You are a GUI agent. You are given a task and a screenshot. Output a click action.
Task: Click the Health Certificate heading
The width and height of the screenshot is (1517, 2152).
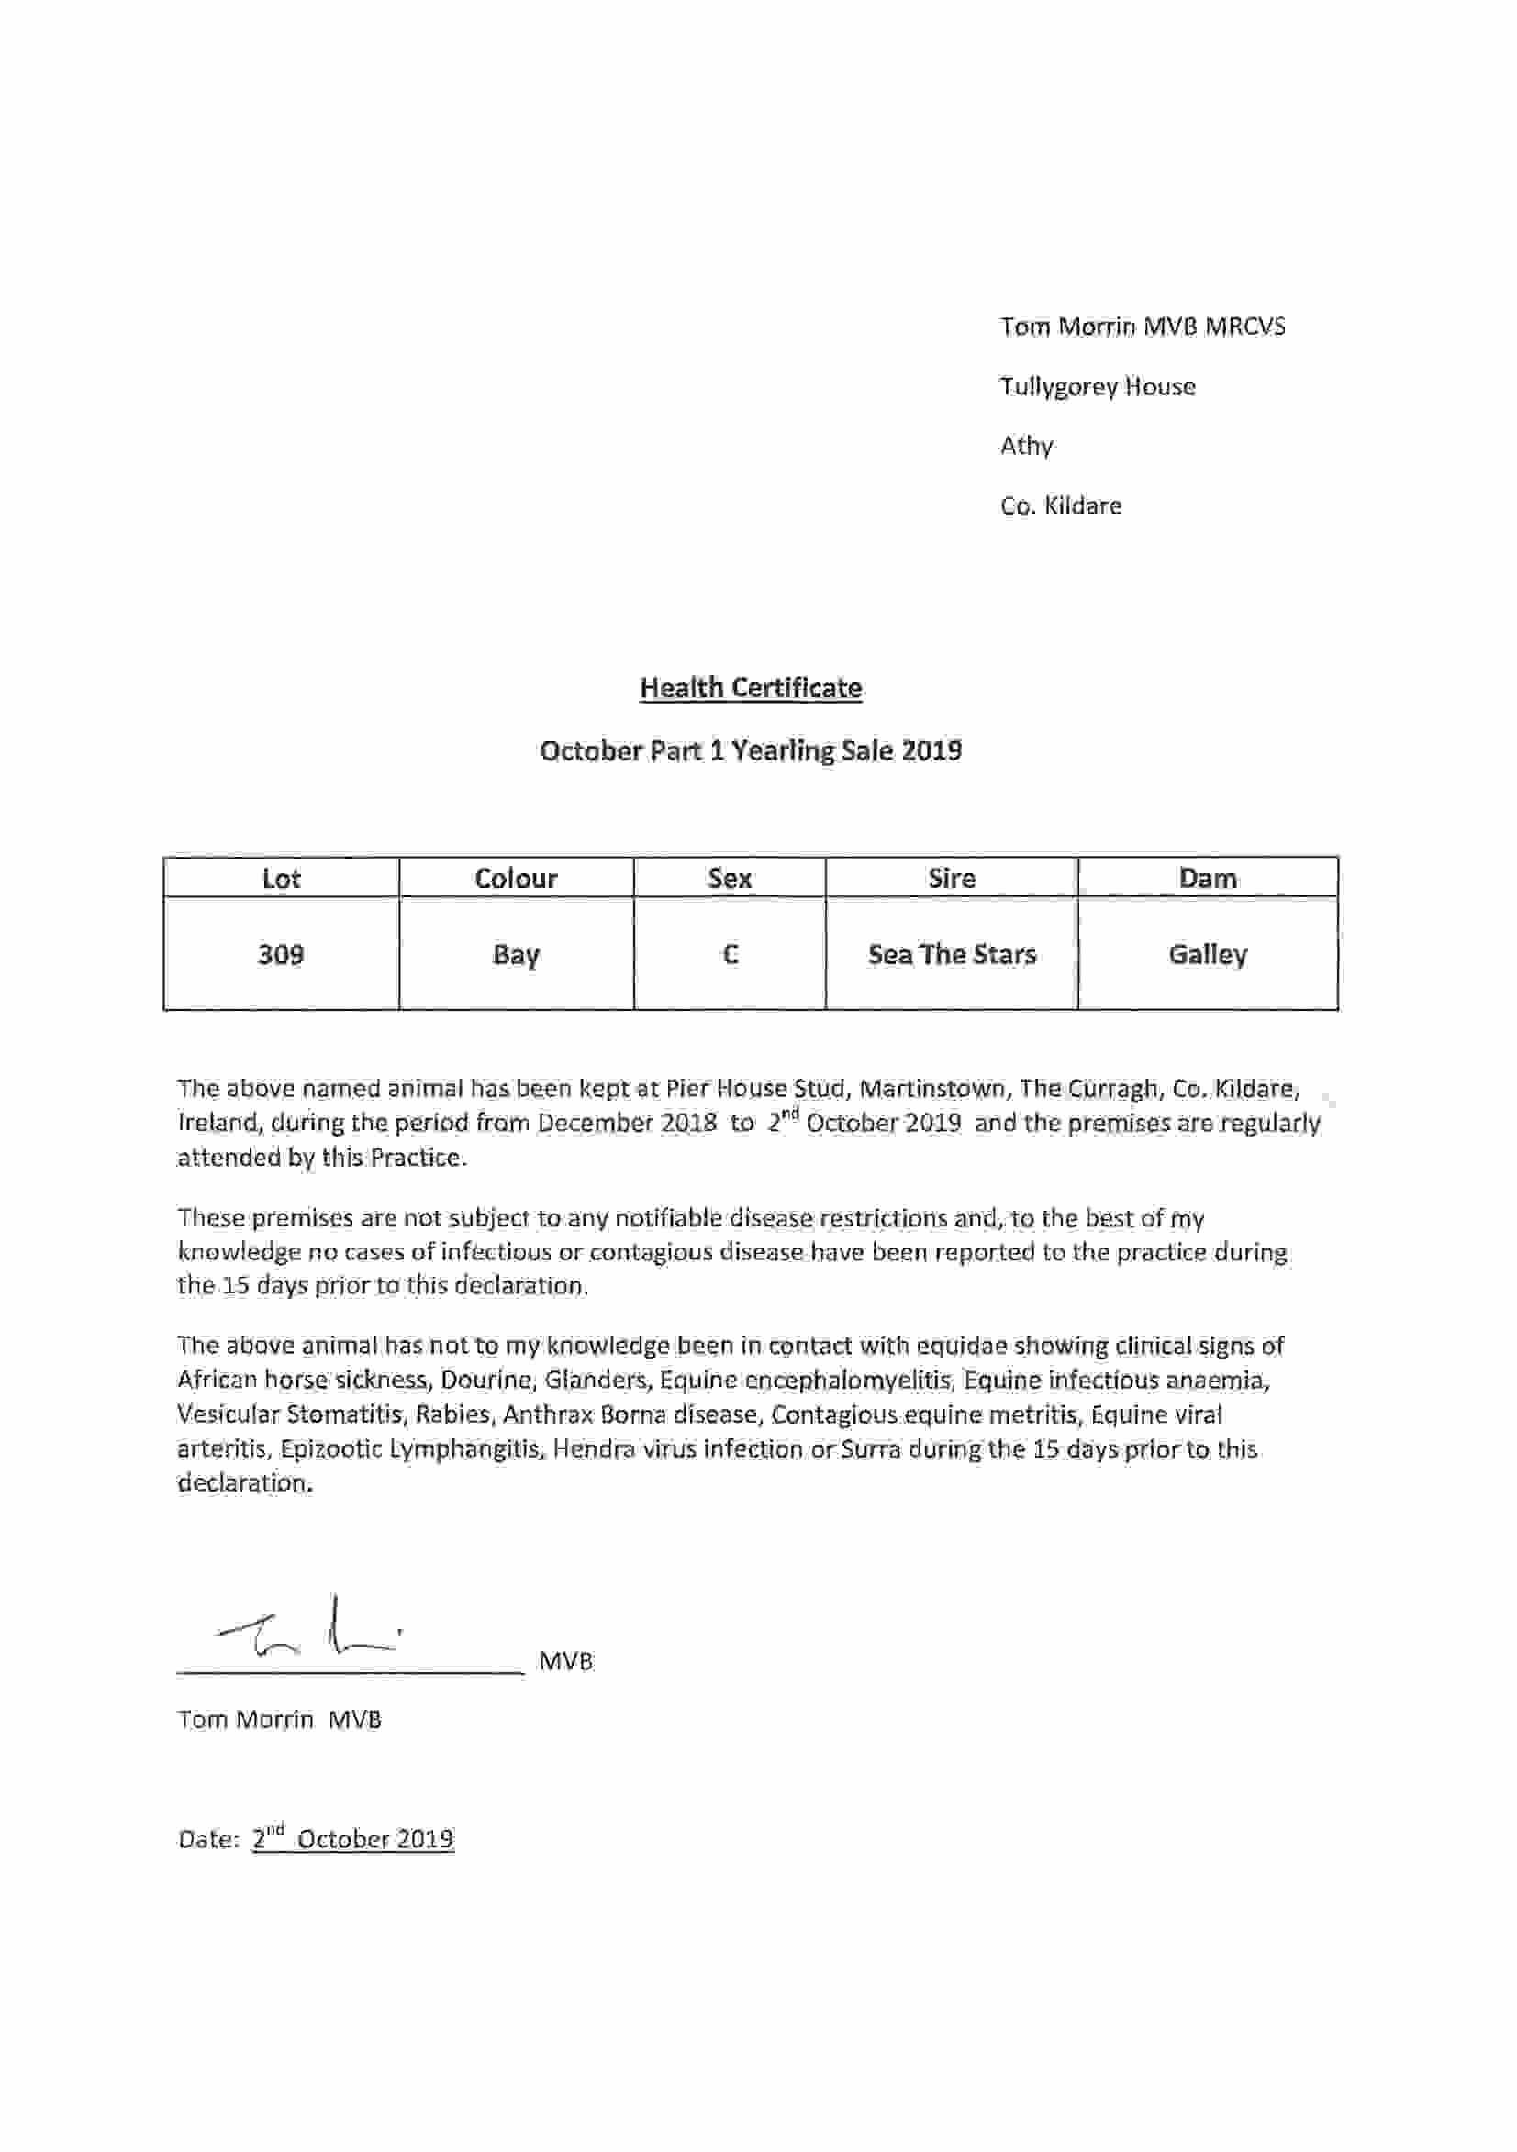tap(750, 688)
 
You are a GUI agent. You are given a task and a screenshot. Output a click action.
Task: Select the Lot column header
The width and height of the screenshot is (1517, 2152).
tap(280, 878)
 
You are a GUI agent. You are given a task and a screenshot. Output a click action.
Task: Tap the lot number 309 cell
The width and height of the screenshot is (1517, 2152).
tap(280, 954)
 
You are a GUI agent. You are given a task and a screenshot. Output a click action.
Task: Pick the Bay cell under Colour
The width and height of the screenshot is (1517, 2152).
tap(516, 954)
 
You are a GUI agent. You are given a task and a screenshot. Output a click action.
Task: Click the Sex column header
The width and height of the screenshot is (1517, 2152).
tap(730, 878)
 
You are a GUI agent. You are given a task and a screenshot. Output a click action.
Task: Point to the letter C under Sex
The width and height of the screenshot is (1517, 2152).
tap(731, 954)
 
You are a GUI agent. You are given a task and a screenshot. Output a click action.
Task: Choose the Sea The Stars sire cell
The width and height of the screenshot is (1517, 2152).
tap(952, 954)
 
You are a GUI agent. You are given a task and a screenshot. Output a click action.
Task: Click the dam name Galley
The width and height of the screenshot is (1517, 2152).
tap(1208, 954)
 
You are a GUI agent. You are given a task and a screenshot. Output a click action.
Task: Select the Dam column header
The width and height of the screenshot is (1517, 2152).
tap(1208, 878)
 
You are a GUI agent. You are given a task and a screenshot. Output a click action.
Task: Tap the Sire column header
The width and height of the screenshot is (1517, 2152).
tap(952, 878)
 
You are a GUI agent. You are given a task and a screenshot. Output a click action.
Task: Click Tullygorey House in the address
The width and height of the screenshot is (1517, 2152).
tap(1097, 386)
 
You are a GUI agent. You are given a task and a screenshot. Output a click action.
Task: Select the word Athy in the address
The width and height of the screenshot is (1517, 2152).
tap(1026, 445)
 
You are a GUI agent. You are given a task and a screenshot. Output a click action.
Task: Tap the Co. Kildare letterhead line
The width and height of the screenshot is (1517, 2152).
tap(1060, 505)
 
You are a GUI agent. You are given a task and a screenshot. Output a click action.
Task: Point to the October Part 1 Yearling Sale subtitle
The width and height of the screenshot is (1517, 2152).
tap(750, 750)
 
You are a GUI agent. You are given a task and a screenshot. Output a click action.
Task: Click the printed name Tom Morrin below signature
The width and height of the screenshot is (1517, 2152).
tap(246, 1720)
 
